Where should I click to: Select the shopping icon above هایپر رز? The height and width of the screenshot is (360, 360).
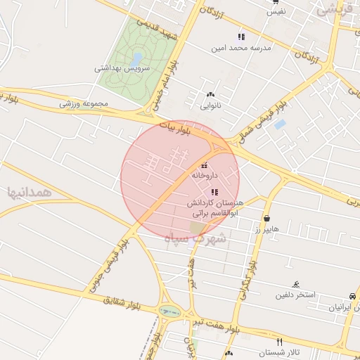[267, 218]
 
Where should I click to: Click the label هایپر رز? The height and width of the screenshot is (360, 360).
[267, 229]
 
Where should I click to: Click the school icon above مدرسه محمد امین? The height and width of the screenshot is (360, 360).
[241, 37]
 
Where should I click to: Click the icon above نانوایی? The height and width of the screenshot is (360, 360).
[210, 94]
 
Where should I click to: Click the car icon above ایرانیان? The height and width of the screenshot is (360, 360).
[352, 297]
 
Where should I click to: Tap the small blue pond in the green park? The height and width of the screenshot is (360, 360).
[138, 56]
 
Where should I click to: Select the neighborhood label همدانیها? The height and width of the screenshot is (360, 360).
[30, 191]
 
